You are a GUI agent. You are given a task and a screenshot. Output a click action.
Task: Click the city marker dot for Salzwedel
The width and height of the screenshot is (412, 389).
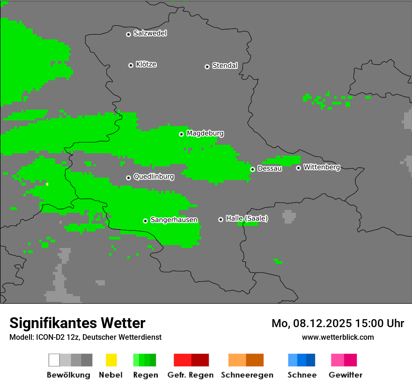coord(128,34)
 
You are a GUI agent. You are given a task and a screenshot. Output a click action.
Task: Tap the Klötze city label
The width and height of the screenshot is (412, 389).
coord(146,64)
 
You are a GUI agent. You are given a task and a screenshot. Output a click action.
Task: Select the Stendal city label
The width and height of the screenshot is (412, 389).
coord(225,66)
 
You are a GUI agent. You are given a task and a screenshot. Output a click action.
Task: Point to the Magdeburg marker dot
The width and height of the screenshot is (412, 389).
coord(181,134)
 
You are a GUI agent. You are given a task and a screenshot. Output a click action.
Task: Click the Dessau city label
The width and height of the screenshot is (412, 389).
coord(270,169)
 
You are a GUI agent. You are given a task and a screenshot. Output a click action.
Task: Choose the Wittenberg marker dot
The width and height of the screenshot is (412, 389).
coord(298,168)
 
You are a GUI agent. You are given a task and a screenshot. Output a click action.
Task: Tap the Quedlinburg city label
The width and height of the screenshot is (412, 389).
coord(154,177)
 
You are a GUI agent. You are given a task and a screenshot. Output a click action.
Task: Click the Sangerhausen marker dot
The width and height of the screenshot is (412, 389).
coord(145,221)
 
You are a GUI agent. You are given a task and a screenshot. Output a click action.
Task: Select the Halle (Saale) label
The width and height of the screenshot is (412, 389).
coord(247,218)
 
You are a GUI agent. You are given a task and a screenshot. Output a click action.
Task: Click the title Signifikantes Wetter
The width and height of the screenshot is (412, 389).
coord(77,323)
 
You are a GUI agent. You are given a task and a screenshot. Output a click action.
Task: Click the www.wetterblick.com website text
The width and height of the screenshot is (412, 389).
coord(338,337)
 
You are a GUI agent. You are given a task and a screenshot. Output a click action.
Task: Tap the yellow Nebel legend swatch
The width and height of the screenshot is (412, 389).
coord(111,360)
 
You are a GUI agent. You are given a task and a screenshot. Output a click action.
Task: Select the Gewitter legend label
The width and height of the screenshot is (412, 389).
coord(345,375)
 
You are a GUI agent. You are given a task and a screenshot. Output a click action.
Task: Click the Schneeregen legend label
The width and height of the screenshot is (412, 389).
coord(247,375)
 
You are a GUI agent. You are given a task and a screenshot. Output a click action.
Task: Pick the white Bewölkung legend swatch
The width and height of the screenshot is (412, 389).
coord(54,360)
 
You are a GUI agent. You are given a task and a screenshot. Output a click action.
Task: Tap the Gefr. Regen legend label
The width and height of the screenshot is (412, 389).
coord(190,375)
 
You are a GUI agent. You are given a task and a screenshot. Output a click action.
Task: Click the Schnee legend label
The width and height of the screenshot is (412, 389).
coord(302,375)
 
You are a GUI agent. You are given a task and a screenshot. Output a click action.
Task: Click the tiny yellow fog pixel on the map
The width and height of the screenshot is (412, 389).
coord(47,184)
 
